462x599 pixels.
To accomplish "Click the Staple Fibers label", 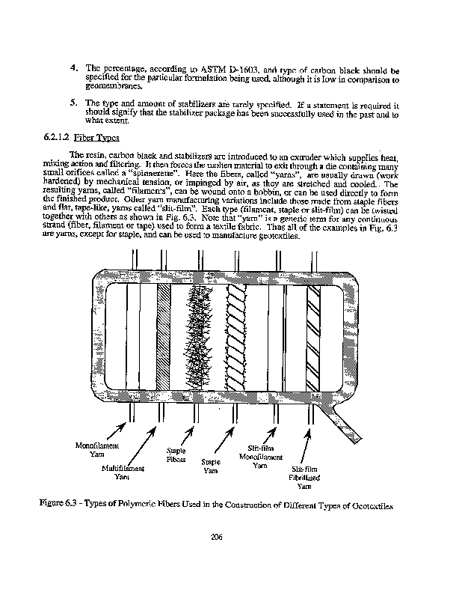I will point(176,454).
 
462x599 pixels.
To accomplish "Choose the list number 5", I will point(74,103).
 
